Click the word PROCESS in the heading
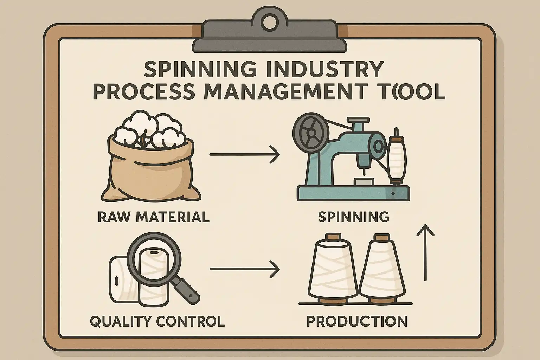143,91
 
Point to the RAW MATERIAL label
153,217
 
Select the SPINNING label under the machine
353,217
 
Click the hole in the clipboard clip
269,18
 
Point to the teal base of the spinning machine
353,194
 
